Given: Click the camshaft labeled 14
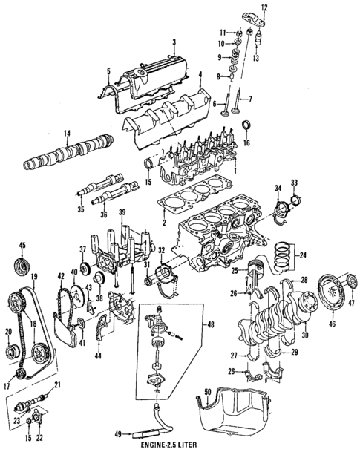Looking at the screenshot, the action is pyautogui.click(x=68, y=152).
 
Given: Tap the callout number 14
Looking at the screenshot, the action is pyautogui.click(x=67, y=134).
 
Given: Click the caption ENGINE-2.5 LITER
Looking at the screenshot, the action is pyautogui.click(x=165, y=445).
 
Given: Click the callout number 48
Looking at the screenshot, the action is pyautogui.click(x=211, y=324).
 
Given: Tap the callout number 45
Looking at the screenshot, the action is pyautogui.click(x=22, y=246).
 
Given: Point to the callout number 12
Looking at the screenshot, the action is pyautogui.click(x=264, y=7).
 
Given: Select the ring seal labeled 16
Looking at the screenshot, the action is pyautogui.click(x=246, y=126).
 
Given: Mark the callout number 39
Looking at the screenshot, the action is pyautogui.click(x=122, y=212).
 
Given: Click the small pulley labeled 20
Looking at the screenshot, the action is pyautogui.click(x=13, y=350).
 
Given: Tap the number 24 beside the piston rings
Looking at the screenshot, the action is pyautogui.click(x=303, y=255).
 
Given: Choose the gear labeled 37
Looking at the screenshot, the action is pyautogui.click(x=85, y=269).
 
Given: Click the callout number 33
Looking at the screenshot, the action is pyautogui.click(x=294, y=183).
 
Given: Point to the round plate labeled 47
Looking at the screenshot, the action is pyautogui.click(x=351, y=281).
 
